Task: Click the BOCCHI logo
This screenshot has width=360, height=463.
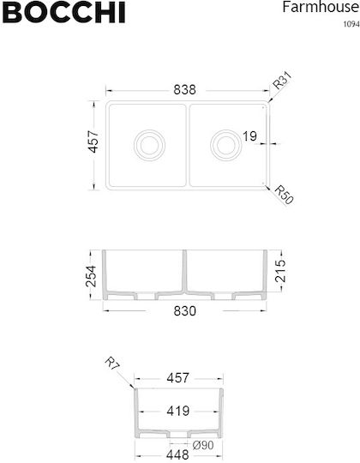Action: [63, 12]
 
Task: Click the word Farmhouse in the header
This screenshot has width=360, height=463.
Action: [321, 7]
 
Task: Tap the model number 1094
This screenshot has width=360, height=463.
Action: [351, 24]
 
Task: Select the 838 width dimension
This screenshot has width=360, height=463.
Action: [185, 90]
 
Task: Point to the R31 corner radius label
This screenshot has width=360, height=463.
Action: [282, 80]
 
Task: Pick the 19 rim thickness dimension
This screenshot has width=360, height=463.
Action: [249, 136]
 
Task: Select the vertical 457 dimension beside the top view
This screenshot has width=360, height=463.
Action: [93, 141]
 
